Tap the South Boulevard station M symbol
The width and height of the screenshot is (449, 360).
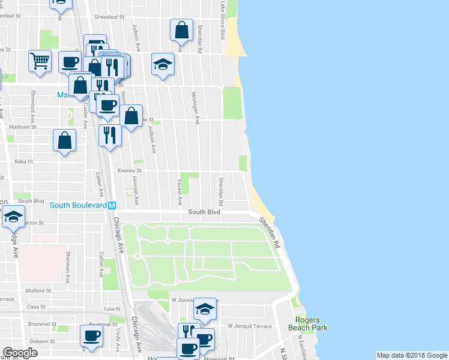(x=112, y=205)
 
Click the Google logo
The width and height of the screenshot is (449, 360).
(x=20, y=353)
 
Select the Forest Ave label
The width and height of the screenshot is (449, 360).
(x=179, y=189)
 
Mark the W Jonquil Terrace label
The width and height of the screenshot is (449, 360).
(x=249, y=326)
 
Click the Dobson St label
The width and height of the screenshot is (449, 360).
(x=41, y=341)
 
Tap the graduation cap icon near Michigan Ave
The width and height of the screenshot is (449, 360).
(x=162, y=63)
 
